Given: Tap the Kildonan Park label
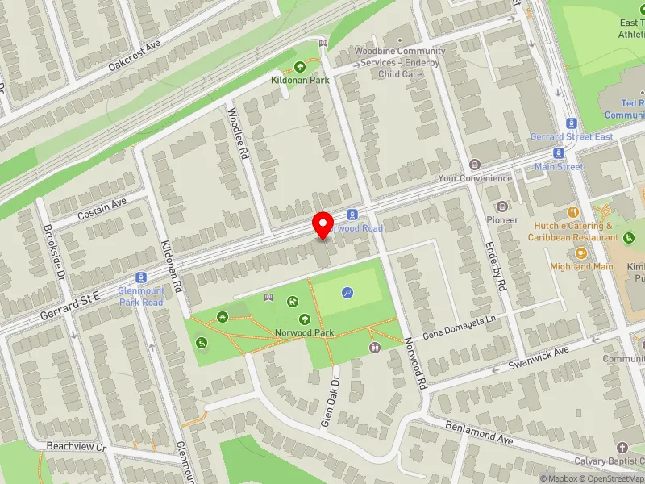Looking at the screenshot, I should coord(300,81).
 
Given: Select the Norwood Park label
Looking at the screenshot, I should coord(304,332).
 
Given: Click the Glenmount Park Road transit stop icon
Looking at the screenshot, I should coord(141,277).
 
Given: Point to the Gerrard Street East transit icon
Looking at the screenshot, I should coord(572,123).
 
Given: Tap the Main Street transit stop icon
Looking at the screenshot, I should coord(558,153).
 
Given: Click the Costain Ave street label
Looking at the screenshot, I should coord(102,211).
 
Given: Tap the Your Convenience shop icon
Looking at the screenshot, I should coord(474,165).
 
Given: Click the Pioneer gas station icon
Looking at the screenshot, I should coord(502,207).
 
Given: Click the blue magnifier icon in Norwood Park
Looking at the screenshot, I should coord(347,293).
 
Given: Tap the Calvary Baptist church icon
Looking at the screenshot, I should coord(621,448).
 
